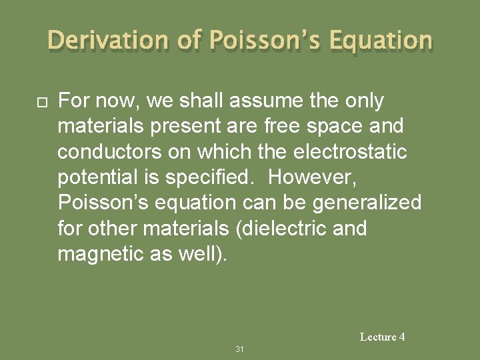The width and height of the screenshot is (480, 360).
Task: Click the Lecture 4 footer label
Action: (x=382, y=337)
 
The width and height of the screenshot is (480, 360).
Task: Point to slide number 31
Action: (x=240, y=349)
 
